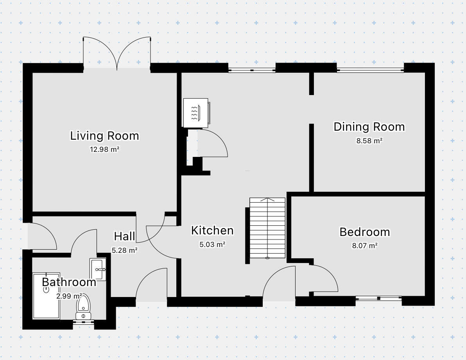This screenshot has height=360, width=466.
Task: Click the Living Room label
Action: (104, 136)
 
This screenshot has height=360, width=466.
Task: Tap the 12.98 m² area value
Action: (104, 149)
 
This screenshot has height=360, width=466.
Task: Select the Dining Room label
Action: (369, 127)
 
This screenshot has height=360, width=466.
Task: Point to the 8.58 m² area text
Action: (369, 141)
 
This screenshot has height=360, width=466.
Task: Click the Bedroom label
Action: (365, 232)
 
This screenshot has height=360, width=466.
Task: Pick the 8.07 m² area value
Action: (365, 246)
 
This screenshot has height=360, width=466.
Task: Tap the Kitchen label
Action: (212, 230)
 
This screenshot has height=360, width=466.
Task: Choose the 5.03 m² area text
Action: (212, 245)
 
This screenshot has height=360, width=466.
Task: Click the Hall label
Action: (125, 236)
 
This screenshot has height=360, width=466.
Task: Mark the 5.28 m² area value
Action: (125, 250)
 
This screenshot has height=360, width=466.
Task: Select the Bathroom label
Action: (69, 282)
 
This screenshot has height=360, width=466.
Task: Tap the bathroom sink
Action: (98, 270)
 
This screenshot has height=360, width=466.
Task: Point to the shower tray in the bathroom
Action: (47, 296)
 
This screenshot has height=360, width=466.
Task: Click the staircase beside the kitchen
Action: (267, 228)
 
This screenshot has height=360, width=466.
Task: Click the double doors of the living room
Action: (117, 54)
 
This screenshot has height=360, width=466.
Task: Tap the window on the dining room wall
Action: (370, 70)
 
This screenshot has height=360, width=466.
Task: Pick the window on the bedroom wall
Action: (378, 298)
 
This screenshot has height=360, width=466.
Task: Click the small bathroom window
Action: (84, 322)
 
